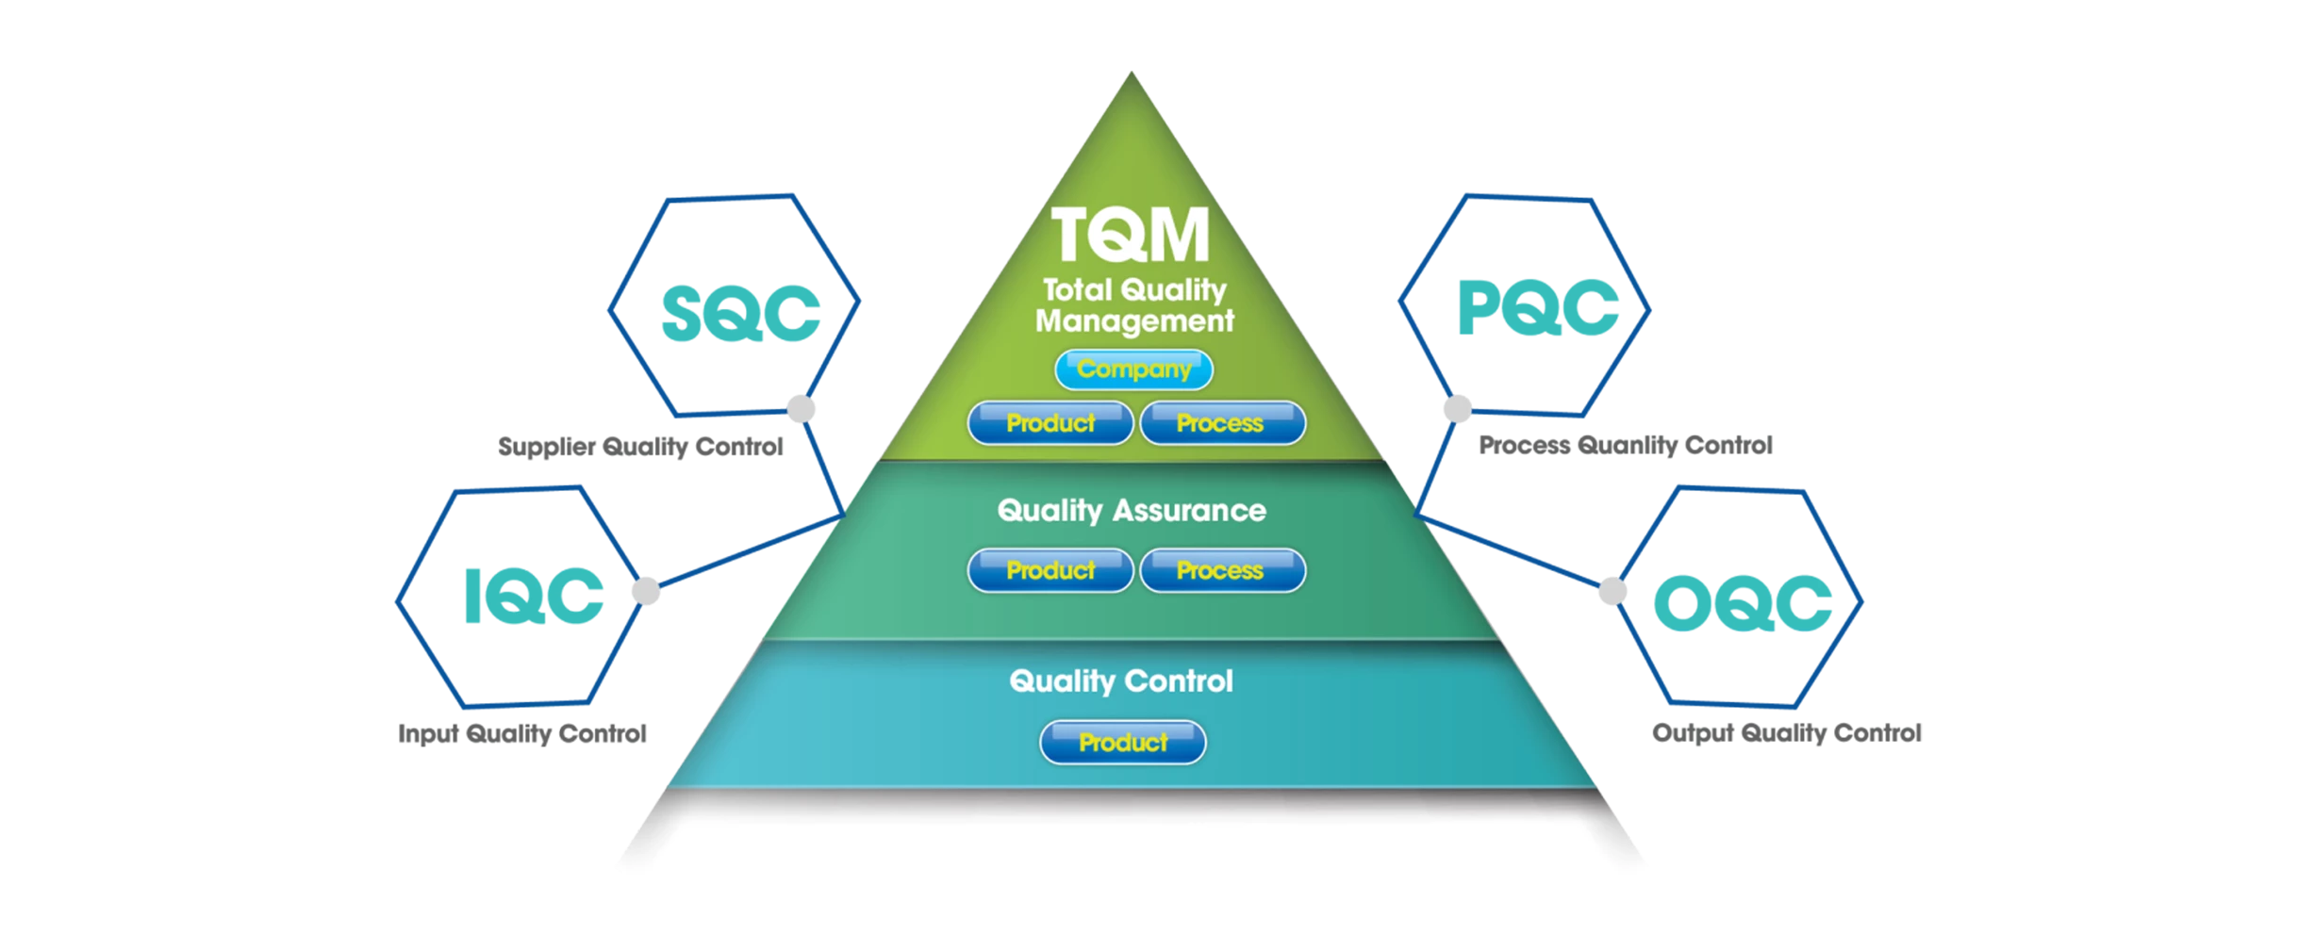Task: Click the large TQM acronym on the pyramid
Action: click(1131, 234)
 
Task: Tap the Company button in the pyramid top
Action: click(1133, 369)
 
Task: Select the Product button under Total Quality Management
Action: click(1050, 423)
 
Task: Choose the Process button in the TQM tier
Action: click(1222, 423)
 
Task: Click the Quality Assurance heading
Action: click(1132, 510)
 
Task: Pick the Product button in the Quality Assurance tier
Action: click(1050, 570)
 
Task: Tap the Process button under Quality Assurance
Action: click(1222, 570)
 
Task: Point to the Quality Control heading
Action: click(1121, 680)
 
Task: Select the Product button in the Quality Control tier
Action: click(1122, 743)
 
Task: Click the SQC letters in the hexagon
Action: click(740, 313)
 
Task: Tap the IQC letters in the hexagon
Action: click(534, 596)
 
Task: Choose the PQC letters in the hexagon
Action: click(1538, 307)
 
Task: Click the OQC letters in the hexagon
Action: click(1743, 602)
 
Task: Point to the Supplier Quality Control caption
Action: click(640, 446)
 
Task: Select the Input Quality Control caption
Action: click(522, 733)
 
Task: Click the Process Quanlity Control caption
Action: click(1626, 445)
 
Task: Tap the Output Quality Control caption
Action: click(1787, 732)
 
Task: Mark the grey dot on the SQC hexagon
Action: click(802, 409)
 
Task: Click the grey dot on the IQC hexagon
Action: click(646, 591)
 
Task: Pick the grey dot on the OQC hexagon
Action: click(1612, 591)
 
